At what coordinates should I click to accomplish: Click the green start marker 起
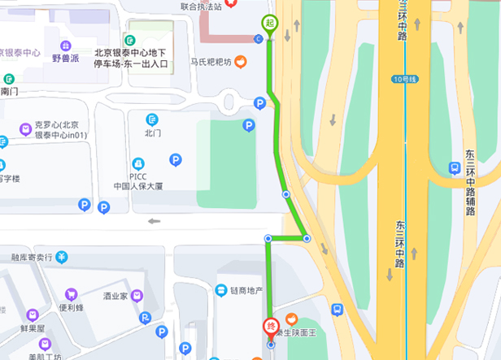pyautogui.click(x=269, y=24)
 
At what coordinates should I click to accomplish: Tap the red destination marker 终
pyautogui.click(x=271, y=327)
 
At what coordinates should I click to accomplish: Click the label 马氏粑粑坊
pyautogui.click(x=211, y=62)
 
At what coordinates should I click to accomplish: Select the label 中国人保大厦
pyautogui.click(x=138, y=186)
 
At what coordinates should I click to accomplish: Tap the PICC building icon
pyautogui.click(x=138, y=163)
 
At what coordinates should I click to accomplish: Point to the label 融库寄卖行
pyautogui.click(x=32, y=257)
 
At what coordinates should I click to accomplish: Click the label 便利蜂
pyautogui.click(x=72, y=308)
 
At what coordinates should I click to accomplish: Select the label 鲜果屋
pyautogui.click(x=33, y=330)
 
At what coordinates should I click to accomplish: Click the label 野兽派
pyautogui.click(x=65, y=59)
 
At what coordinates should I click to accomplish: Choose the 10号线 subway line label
pyautogui.click(x=403, y=79)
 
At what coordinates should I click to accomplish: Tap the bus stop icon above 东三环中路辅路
pyautogui.click(x=455, y=168)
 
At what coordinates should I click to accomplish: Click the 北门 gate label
pyautogui.click(x=153, y=132)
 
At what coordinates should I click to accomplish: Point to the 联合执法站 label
pyautogui.click(x=201, y=6)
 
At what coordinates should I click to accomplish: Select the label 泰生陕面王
pyautogui.click(x=298, y=332)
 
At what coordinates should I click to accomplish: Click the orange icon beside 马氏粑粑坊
pyautogui.click(x=241, y=62)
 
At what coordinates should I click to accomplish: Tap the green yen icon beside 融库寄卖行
pyautogui.click(x=62, y=257)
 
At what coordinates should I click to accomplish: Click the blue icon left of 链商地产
pyautogui.click(x=220, y=291)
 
